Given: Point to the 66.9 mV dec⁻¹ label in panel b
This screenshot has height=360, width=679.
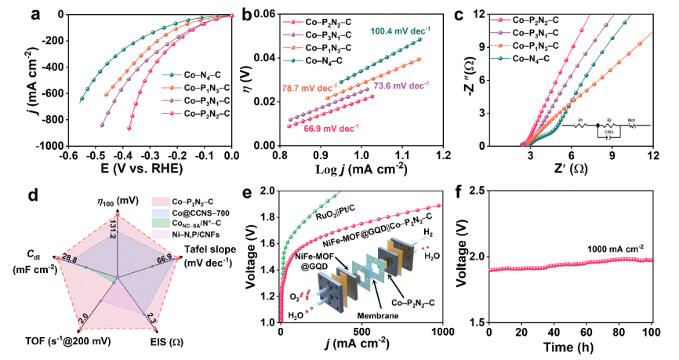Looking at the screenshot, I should (328, 127).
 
